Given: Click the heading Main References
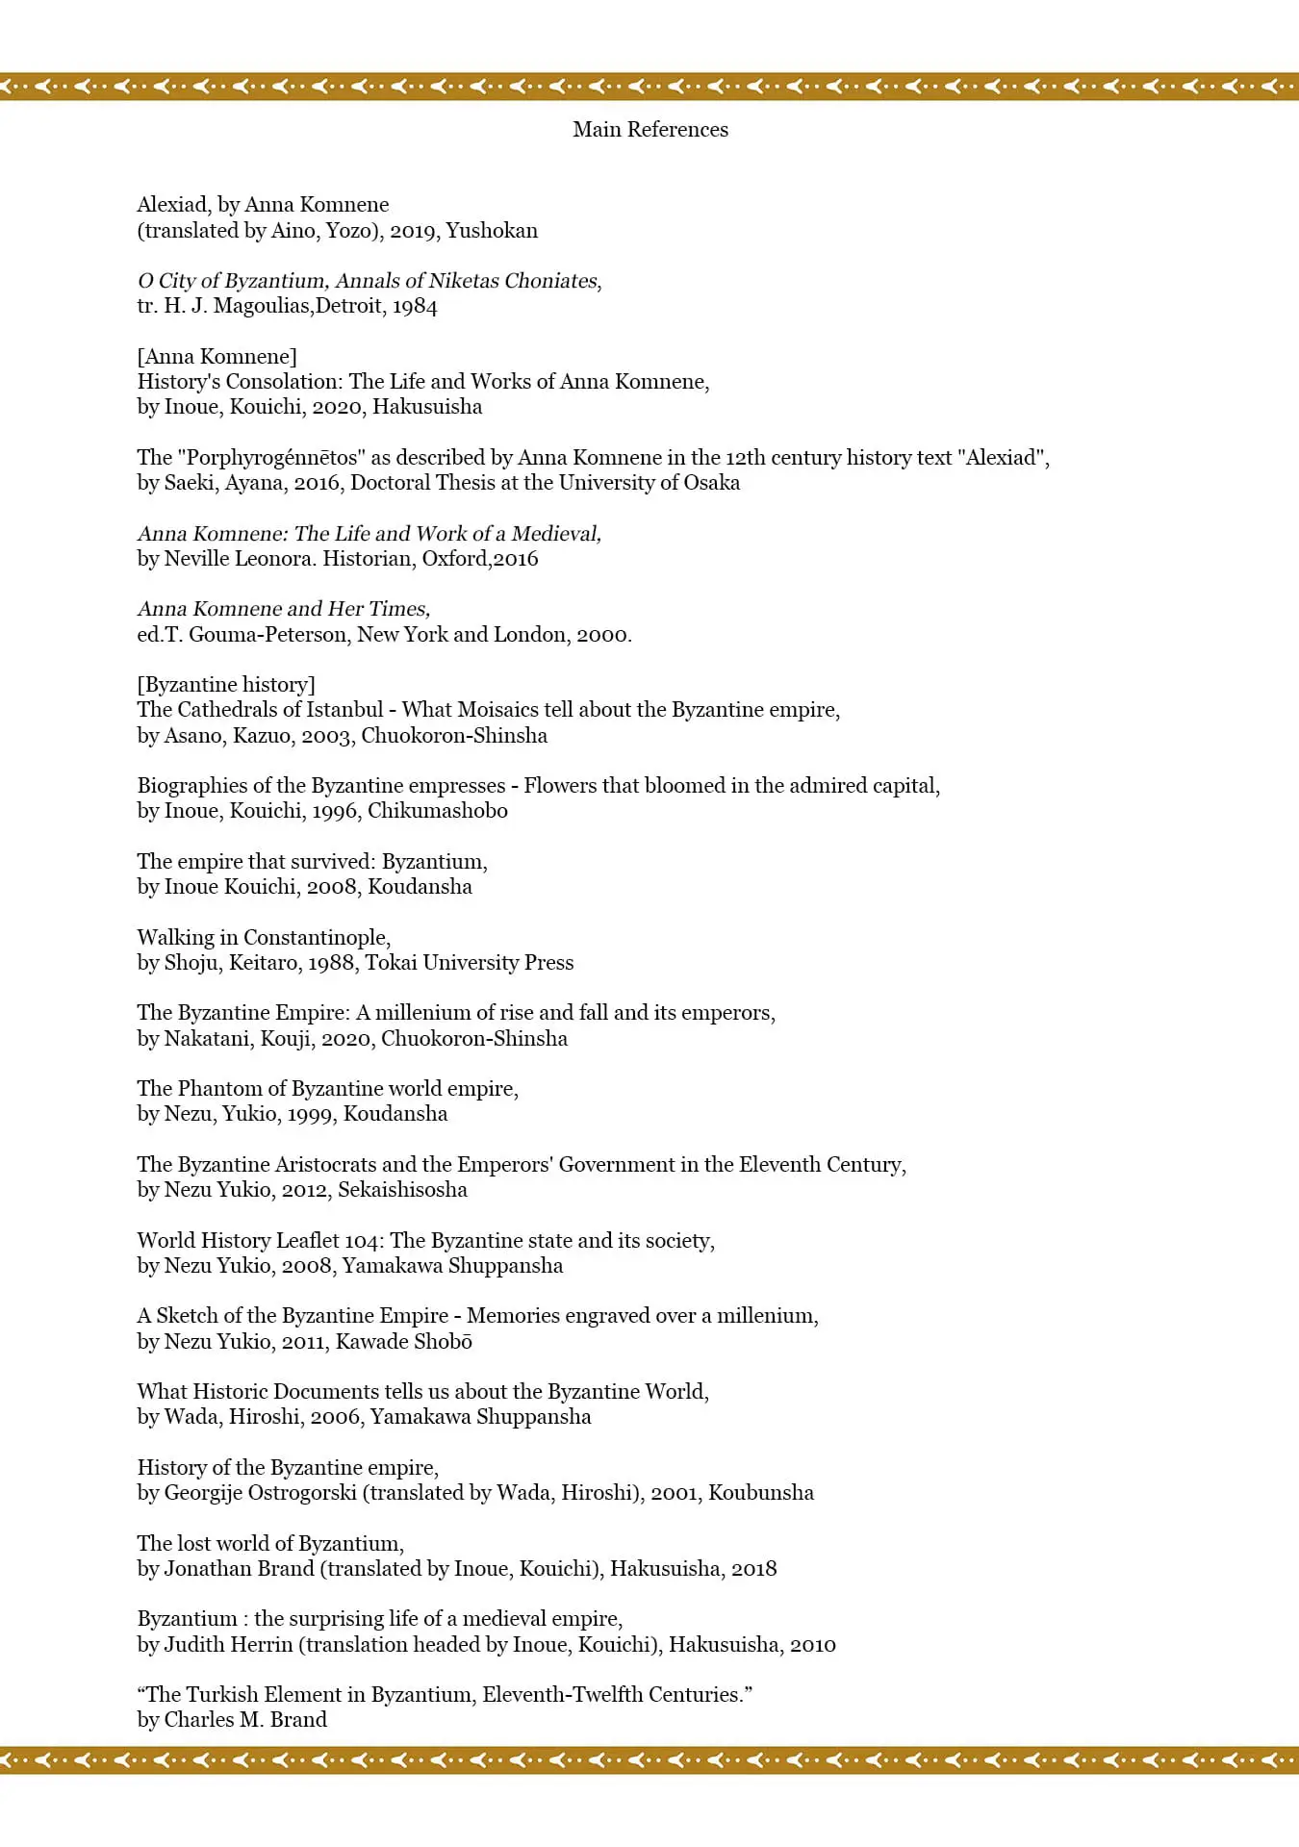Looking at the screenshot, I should [x=650, y=130].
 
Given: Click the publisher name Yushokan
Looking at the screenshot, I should [x=492, y=231].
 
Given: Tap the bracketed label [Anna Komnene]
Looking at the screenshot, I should [x=217, y=357].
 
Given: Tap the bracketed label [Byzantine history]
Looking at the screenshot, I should [x=226, y=685].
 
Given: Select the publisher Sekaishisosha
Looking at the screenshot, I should [x=402, y=1190].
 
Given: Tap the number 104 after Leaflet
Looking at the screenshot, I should [x=361, y=1241].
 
